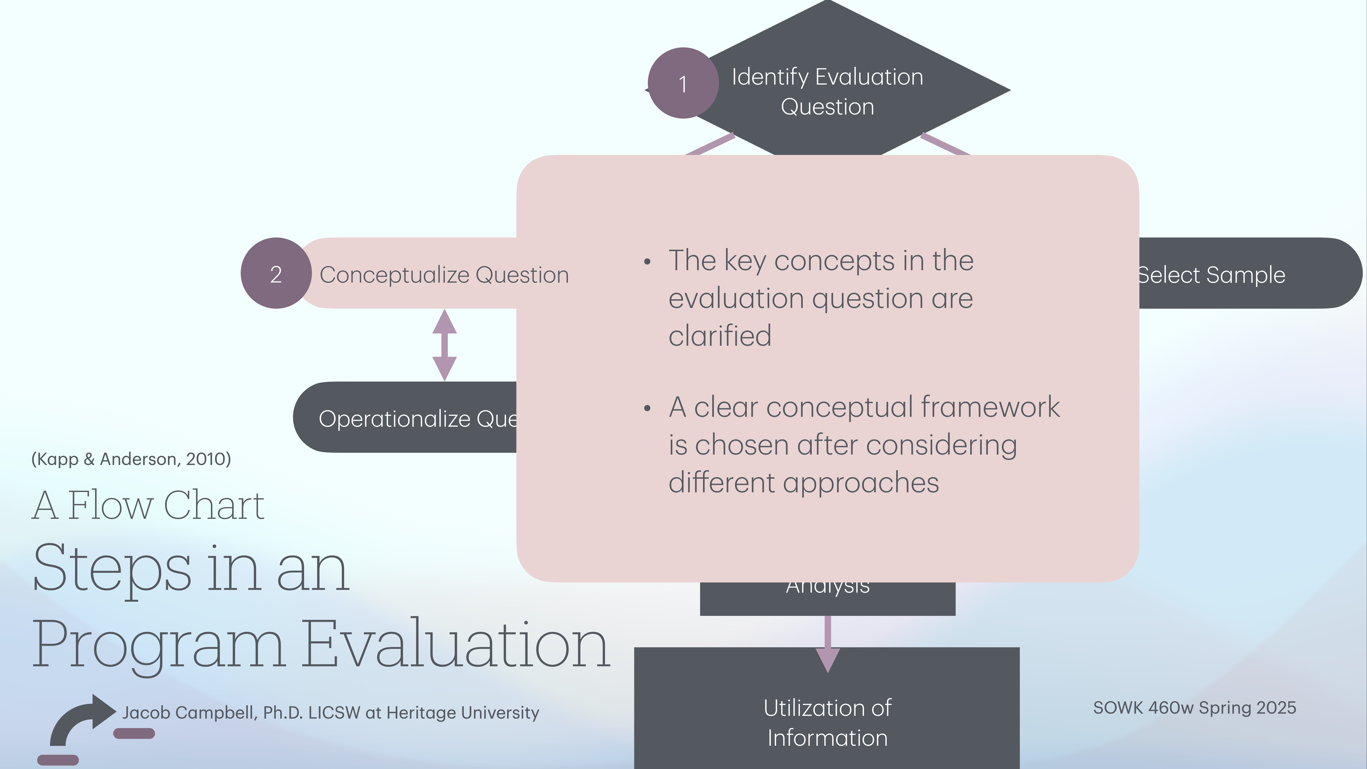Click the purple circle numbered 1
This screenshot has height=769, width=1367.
pyautogui.click(x=683, y=83)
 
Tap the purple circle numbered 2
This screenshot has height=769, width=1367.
pyautogui.click(x=276, y=273)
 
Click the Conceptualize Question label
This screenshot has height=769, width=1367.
pyautogui.click(x=444, y=275)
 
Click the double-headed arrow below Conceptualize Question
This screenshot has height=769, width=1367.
pyautogui.click(x=445, y=345)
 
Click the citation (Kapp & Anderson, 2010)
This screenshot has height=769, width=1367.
pyautogui.click(x=131, y=459)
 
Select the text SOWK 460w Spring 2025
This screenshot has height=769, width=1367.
pyautogui.click(x=1194, y=708)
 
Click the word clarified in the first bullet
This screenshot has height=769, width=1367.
pyautogui.click(x=720, y=336)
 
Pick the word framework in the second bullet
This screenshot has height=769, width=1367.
pyautogui.click(x=990, y=408)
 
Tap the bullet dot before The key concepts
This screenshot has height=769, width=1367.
pyautogui.click(x=647, y=262)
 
